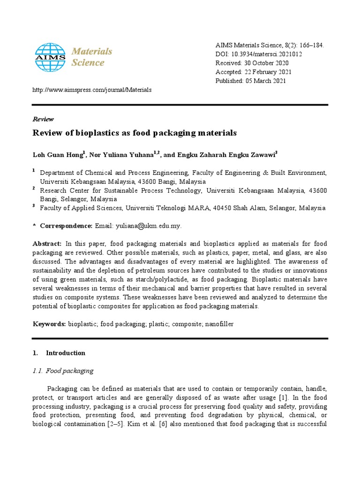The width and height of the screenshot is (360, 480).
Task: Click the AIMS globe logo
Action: click(x=51, y=57)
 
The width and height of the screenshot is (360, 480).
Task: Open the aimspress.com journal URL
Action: click(x=92, y=90)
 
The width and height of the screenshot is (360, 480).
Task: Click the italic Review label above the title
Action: click(x=43, y=119)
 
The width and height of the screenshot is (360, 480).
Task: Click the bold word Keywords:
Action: click(x=49, y=324)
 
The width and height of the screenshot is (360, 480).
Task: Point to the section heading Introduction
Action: click(x=66, y=353)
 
